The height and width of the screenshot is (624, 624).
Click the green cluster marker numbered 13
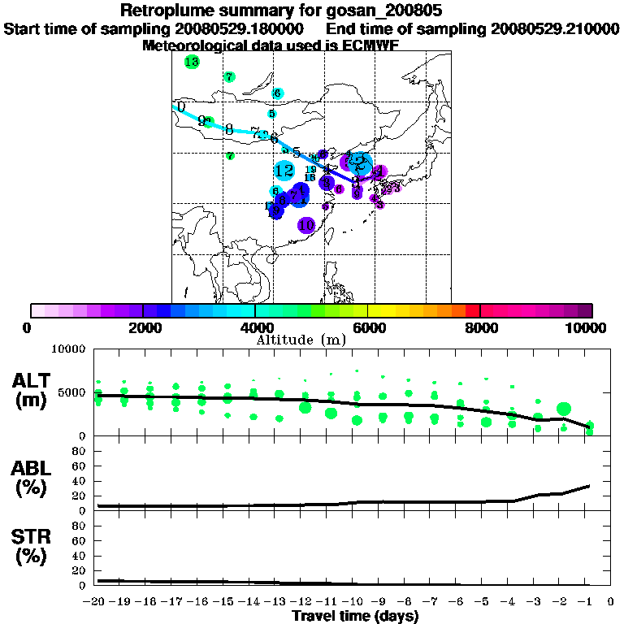coord(192,62)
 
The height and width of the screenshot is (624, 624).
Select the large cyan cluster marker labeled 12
coord(284,171)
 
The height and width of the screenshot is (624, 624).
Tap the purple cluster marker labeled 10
coord(306,225)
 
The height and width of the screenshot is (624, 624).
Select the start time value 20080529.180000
coord(239,28)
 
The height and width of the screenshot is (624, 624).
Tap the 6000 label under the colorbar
coord(368,327)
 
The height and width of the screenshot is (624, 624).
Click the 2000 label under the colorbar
coord(143,327)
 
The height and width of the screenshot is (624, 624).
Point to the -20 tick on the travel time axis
coord(96,601)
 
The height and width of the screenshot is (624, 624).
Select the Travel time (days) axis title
coord(355,616)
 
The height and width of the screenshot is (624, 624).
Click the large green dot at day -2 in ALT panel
coord(564,409)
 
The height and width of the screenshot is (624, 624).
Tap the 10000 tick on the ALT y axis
coord(69,349)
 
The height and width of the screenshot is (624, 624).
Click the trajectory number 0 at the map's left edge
coord(181,106)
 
